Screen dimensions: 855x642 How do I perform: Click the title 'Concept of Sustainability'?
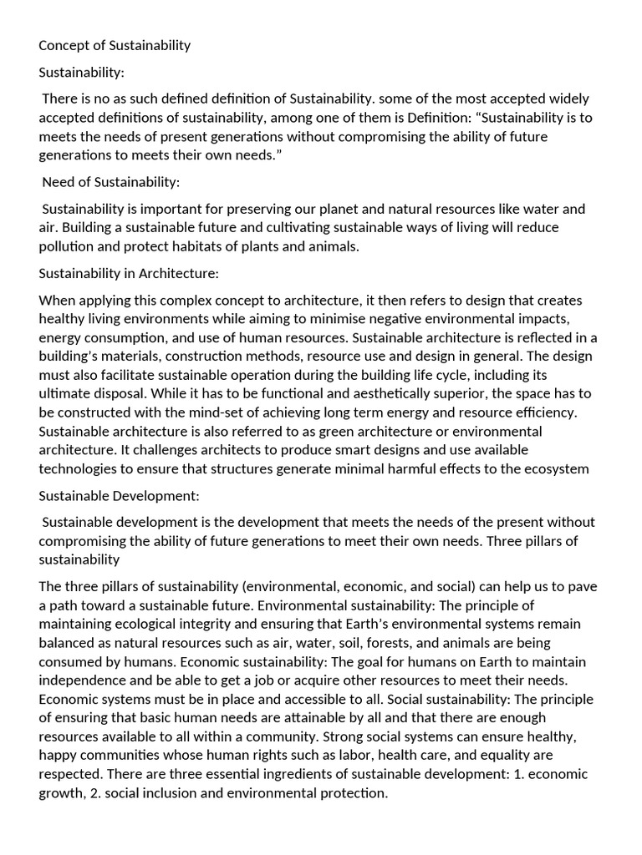(115, 45)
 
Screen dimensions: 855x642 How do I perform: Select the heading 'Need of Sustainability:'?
(110, 181)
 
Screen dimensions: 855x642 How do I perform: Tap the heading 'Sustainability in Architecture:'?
(130, 272)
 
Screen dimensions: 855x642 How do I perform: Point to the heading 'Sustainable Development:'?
(119, 495)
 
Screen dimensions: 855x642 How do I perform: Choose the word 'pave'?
(583, 586)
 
